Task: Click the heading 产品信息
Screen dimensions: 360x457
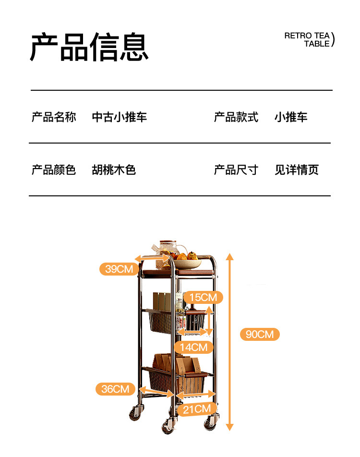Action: click(89, 47)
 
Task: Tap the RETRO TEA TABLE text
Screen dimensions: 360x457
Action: click(307, 39)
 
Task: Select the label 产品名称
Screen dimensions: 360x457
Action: click(54, 117)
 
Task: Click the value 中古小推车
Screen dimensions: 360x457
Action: click(120, 117)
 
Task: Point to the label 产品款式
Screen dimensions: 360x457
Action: click(236, 117)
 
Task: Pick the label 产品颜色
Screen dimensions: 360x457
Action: click(54, 170)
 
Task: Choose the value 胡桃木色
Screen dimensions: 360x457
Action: click(114, 170)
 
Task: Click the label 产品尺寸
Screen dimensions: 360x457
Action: click(236, 170)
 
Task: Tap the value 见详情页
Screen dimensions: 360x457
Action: click(297, 170)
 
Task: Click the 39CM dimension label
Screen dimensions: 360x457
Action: click(119, 269)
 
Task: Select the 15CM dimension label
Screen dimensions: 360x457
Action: click(203, 298)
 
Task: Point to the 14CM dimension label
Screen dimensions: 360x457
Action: click(194, 347)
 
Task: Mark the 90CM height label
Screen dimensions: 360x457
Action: click(260, 334)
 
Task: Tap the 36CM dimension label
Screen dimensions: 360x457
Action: click(115, 389)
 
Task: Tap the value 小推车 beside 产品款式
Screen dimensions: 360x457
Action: click(291, 117)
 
